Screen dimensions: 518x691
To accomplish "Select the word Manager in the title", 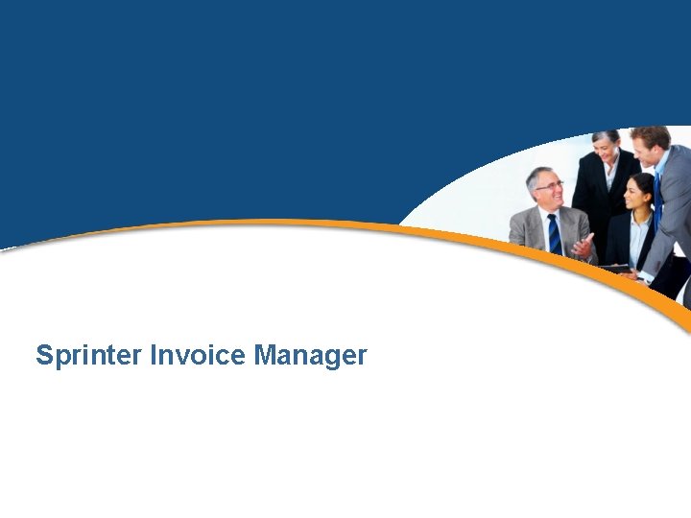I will [x=310, y=356].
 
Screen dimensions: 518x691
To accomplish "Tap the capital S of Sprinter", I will [x=44, y=356].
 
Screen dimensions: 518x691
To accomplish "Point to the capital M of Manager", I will [x=265, y=356].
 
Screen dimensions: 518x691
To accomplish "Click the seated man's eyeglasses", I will [x=549, y=185].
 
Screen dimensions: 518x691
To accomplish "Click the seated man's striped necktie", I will [x=555, y=234].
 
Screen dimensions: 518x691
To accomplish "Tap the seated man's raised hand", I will [x=583, y=245].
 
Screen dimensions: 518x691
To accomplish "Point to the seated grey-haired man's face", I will [x=548, y=190].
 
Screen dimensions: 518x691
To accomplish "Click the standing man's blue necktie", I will [x=657, y=192].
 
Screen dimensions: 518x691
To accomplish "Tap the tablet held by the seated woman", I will [x=614, y=268].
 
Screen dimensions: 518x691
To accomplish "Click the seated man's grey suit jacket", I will [x=526, y=230].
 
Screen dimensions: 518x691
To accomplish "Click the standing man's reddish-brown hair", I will [x=650, y=133].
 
